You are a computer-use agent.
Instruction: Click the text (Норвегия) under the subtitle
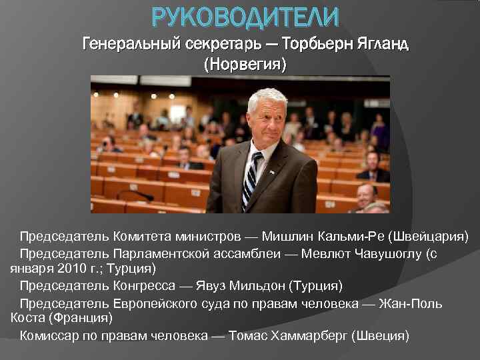click(245, 65)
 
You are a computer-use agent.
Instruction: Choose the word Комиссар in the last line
click(49, 335)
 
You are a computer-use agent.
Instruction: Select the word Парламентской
click(161, 253)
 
